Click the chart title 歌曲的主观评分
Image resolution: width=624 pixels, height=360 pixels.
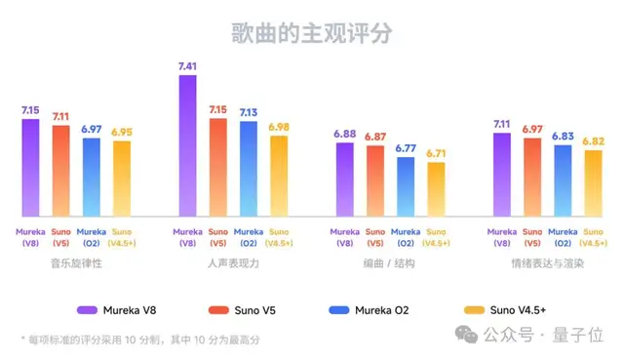tap(311, 31)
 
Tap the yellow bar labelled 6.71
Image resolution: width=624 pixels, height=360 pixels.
tap(435, 189)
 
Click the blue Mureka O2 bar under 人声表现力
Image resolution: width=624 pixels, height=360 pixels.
tap(249, 169)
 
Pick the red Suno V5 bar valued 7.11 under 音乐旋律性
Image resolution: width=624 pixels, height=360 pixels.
tap(60, 171)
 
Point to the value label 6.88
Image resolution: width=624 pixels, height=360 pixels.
tap(345, 134)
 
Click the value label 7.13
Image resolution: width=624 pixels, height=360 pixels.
tap(249, 113)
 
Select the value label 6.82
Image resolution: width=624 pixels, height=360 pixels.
tap(593, 141)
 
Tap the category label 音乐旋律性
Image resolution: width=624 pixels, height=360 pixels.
tap(76, 263)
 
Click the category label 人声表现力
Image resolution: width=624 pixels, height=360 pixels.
tap(233, 263)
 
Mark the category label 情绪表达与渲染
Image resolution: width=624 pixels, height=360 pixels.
tap(547, 263)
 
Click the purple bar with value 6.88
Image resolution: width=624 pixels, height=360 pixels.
tap(345, 180)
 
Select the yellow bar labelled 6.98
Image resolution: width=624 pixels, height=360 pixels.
tap(279, 176)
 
